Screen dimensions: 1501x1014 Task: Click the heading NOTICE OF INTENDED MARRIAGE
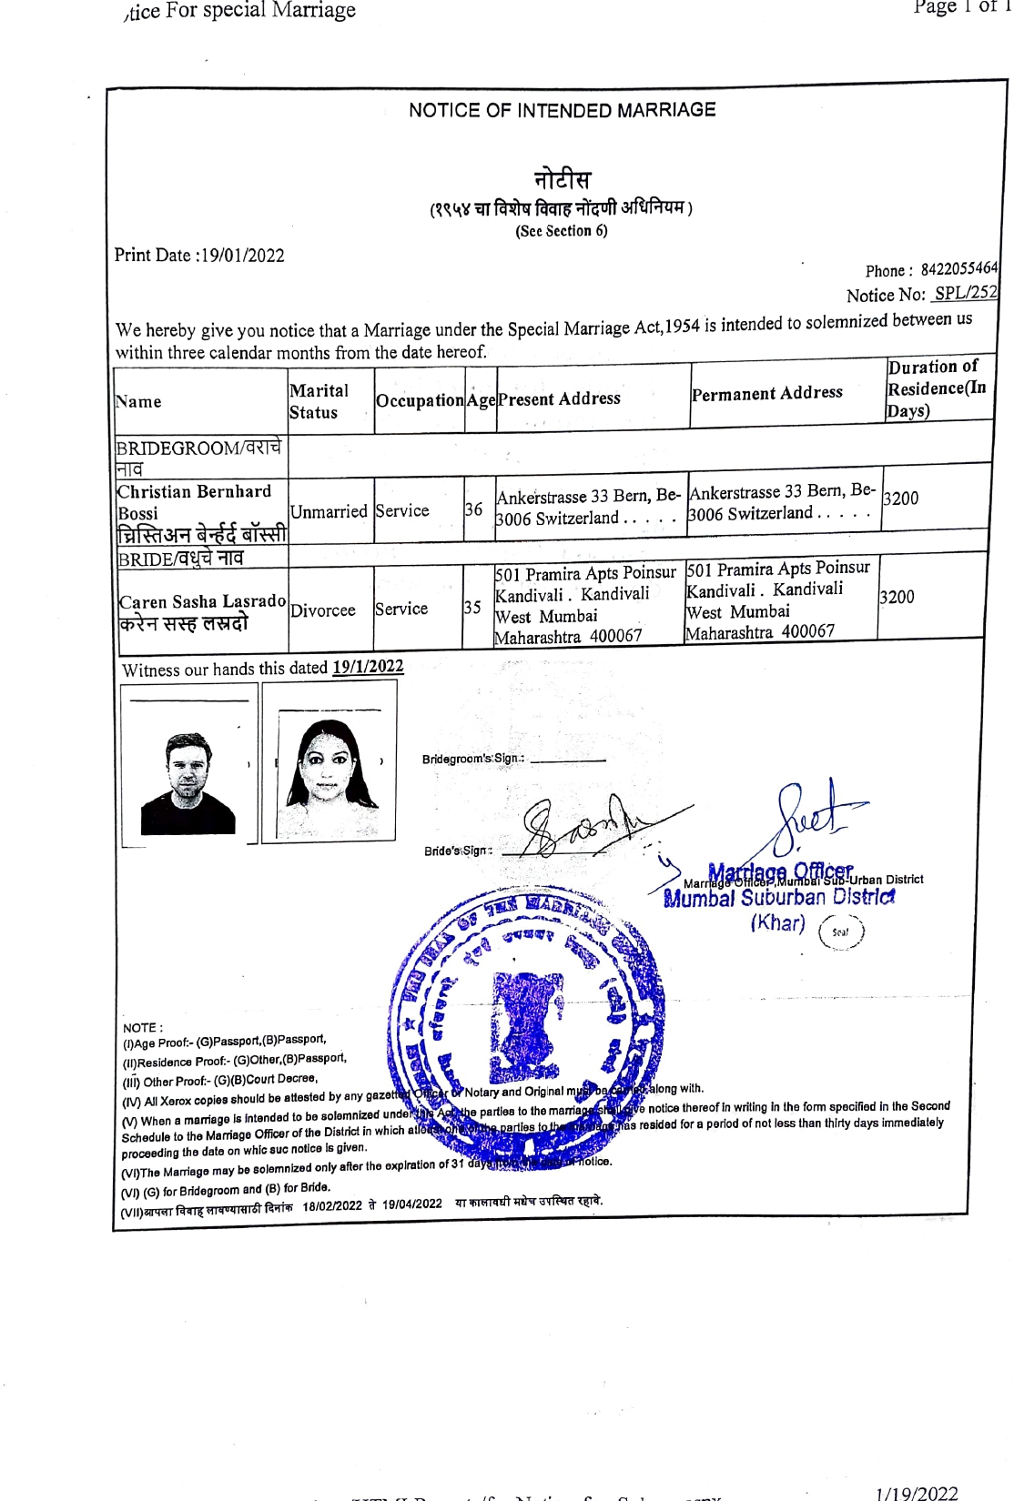point(562,110)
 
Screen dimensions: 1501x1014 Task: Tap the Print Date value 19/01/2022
point(242,256)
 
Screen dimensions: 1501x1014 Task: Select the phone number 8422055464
point(958,269)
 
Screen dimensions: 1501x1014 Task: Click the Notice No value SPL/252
point(965,293)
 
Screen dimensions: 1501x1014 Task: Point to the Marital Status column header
point(319,401)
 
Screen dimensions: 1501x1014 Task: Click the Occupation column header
point(420,400)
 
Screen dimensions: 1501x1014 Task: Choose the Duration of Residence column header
point(936,388)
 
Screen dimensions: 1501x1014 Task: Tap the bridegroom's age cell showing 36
point(474,509)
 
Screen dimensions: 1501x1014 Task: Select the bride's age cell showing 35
point(472,607)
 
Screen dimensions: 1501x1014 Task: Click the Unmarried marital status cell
point(329,511)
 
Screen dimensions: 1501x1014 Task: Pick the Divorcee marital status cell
point(322,610)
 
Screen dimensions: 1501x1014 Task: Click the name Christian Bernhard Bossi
point(194,502)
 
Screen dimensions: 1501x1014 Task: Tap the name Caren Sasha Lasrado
point(202,601)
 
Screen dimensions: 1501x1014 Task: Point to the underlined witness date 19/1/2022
point(368,667)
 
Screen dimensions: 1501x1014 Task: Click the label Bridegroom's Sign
point(472,759)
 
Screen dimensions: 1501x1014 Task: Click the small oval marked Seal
point(840,932)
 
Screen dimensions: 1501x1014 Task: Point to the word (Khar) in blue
point(777,923)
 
